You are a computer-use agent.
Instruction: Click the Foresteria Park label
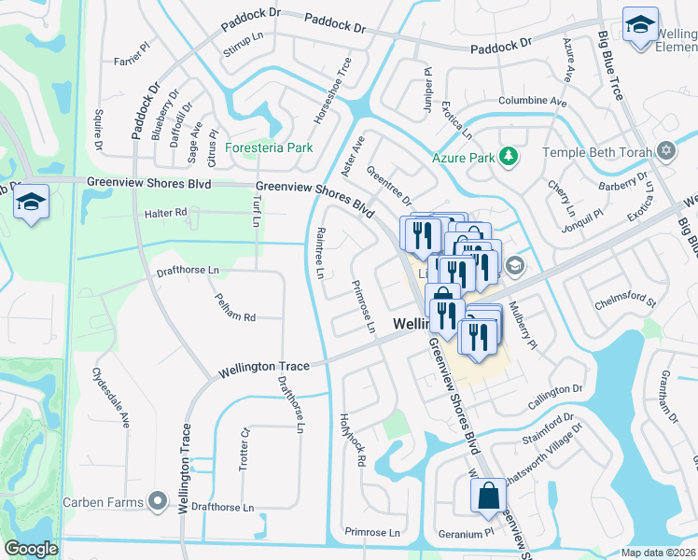click(x=270, y=147)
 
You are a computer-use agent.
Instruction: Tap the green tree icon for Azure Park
click(x=509, y=157)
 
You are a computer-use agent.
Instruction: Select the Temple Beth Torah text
click(x=598, y=150)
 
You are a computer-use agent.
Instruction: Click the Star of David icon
click(x=665, y=151)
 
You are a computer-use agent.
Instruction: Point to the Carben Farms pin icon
click(x=158, y=502)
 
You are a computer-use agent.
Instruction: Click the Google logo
click(x=31, y=549)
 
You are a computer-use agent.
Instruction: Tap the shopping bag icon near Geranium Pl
click(x=488, y=496)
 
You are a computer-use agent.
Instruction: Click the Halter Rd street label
click(x=166, y=213)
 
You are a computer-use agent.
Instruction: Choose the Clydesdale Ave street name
click(x=110, y=398)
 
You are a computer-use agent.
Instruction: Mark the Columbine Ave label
click(x=533, y=101)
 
